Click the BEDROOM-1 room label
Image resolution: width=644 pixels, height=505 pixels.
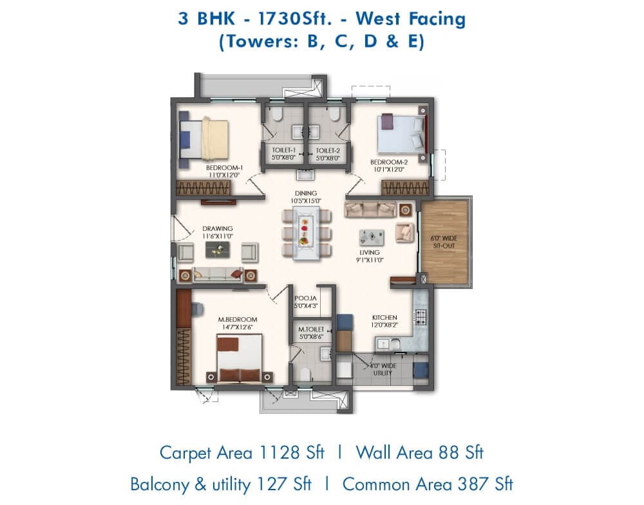(224, 168)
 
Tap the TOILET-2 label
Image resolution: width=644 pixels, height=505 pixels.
(328, 151)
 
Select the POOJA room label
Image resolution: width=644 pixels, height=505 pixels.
(305, 298)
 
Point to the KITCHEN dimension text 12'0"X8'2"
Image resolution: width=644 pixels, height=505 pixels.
(384, 325)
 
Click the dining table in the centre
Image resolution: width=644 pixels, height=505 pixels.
(306, 233)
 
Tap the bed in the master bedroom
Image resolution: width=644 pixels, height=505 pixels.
(239, 358)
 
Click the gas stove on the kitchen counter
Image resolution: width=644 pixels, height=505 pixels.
(421, 315)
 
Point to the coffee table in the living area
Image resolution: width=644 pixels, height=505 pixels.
(372, 237)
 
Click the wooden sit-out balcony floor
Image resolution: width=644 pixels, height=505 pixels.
(444, 242)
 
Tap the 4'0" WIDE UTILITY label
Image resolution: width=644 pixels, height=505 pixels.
(383, 369)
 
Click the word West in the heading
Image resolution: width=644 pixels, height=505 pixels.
(377, 19)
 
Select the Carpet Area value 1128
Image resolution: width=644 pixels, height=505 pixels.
(279, 452)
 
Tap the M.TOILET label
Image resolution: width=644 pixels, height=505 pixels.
(311, 329)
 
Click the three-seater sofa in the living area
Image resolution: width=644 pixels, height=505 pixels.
(370, 209)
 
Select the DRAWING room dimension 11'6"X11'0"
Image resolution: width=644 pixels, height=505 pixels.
(217, 236)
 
